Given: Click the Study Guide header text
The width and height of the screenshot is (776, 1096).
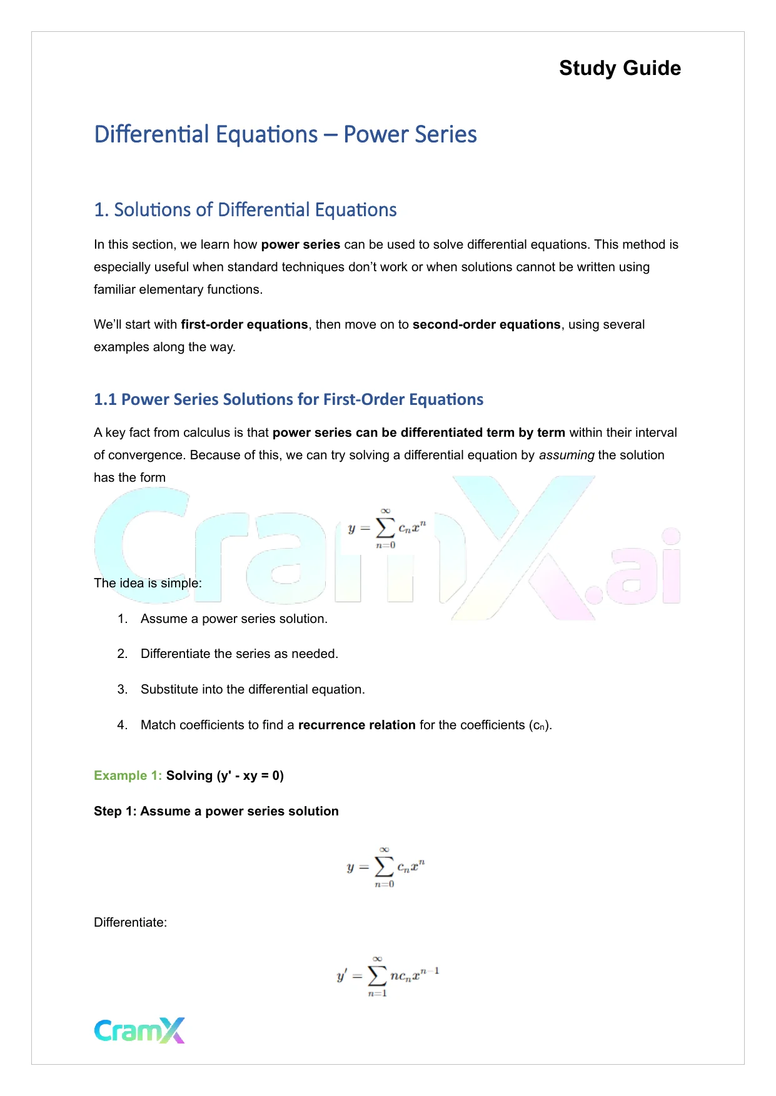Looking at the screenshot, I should [x=620, y=68].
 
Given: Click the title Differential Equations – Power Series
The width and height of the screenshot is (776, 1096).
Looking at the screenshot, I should [x=285, y=134].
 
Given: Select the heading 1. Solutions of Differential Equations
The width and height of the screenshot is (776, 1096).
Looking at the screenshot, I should [x=245, y=210].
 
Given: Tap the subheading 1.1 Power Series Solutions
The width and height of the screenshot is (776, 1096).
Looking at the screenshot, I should [x=288, y=399].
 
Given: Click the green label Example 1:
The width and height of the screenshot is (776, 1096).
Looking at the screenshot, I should [x=128, y=775].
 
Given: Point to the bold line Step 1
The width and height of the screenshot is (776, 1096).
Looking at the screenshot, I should [x=216, y=811].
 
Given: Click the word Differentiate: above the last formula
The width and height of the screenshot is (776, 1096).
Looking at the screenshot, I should [x=130, y=922].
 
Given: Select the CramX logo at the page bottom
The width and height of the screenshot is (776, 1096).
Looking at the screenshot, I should [x=139, y=1030].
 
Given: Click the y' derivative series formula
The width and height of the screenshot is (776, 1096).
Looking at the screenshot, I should [x=388, y=976].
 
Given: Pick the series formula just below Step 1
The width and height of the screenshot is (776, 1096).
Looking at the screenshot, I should [x=386, y=867].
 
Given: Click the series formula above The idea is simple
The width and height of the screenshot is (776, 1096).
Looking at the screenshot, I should [x=387, y=529].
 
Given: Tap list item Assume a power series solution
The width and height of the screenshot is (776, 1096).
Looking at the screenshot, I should [x=234, y=619].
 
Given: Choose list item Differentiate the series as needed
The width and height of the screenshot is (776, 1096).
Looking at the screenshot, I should [x=239, y=654].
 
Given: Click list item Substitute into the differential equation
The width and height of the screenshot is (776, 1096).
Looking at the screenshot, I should [x=253, y=689].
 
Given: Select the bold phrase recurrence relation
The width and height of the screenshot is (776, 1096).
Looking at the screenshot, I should [x=356, y=725].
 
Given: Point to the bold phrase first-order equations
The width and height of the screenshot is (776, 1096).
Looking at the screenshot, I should [x=244, y=324].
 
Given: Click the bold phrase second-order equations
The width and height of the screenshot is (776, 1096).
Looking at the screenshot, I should [x=486, y=324].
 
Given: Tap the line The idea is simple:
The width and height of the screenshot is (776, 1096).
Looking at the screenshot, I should [x=148, y=583].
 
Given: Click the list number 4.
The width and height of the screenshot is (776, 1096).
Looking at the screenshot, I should [x=122, y=725].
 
